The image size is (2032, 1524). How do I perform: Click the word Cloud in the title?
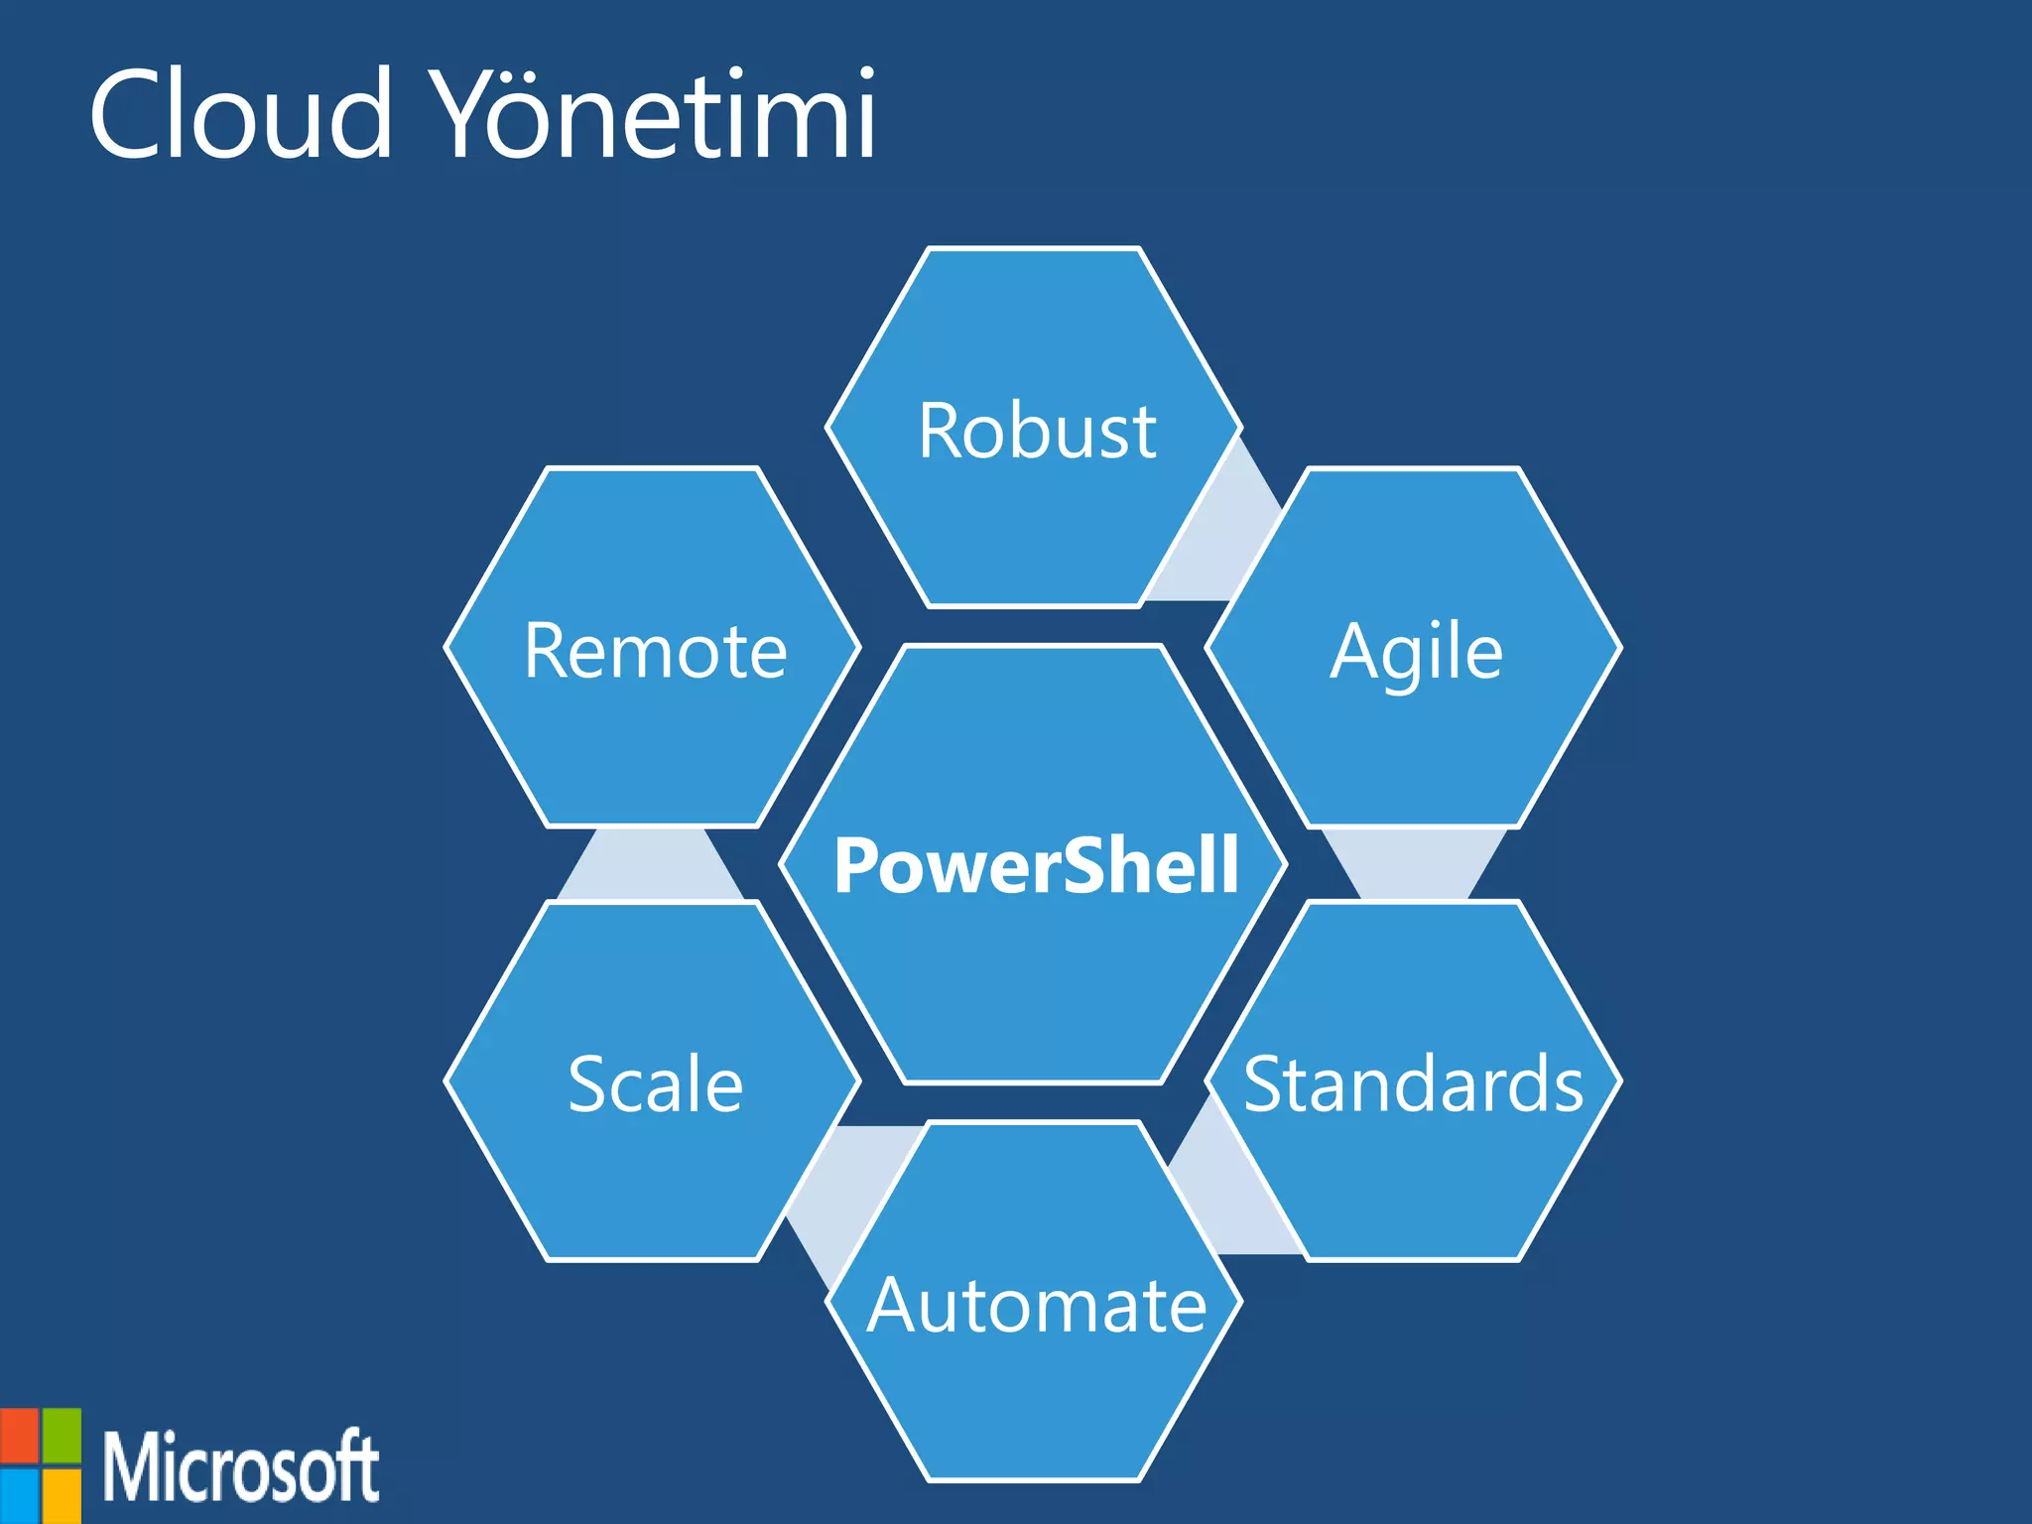[x=241, y=113]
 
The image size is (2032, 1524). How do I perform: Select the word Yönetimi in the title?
[x=656, y=113]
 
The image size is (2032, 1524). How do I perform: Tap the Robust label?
[x=1037, y=431]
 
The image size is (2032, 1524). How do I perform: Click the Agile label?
[x=1416, y=652]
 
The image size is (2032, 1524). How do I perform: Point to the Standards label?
[x=1414, y=1083]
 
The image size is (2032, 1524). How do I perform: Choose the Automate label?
[x=1037, y=1305]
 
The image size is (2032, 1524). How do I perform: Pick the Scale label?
[x=655, y=1083]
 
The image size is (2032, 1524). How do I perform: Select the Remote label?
[x=655, y=651]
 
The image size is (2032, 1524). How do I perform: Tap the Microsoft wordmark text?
[x=240, y=1466]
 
